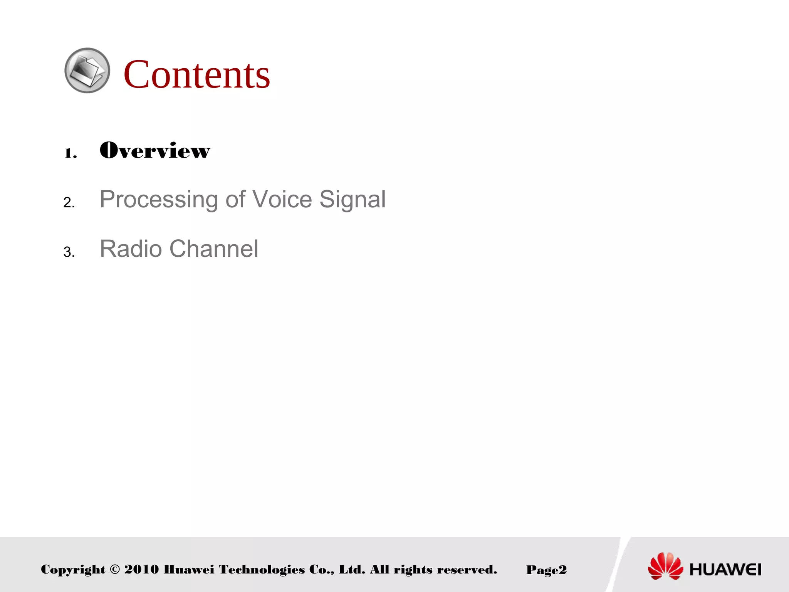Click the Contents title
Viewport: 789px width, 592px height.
coord(196,74)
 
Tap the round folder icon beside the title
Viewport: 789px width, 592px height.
coord(87,71)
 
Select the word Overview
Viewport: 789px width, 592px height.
coord(155,150)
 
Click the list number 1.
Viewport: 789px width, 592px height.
coord(70,153)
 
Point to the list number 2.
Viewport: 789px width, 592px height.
coord(69,202)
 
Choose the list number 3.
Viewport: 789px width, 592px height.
coord(69,252)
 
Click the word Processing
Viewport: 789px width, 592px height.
coord(159,200)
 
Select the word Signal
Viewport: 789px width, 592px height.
coord(352,200)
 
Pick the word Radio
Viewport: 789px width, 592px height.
coord(131,249)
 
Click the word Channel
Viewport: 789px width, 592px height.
coord(214,249)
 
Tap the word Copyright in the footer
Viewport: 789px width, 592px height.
coord(73,570)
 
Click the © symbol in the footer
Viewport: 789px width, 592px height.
coord(115,569)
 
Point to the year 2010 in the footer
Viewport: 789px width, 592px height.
coord(141,569)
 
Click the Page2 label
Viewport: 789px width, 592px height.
coord(546,570)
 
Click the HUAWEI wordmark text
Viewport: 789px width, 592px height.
coord(725,569)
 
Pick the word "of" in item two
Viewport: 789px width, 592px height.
coord(235,199)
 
